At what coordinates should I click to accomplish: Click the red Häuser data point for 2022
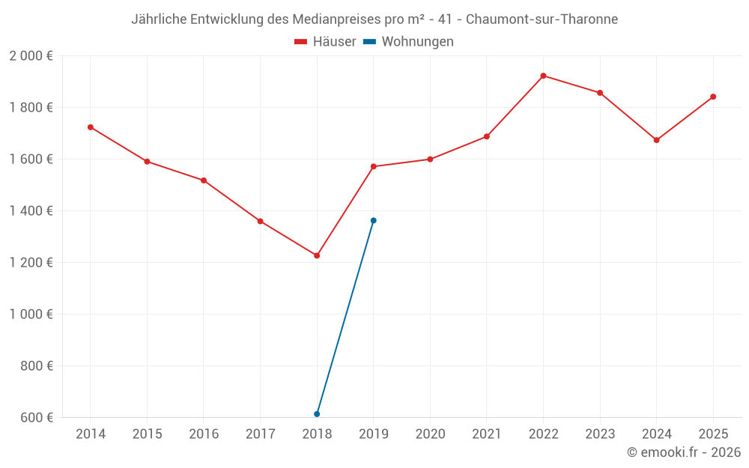[543, 76]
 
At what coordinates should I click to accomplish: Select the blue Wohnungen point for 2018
[317, 414]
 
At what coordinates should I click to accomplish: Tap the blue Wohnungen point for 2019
[374, 220]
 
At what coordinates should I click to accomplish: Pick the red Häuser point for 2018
[317, 255]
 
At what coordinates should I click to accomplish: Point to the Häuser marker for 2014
[91, 127]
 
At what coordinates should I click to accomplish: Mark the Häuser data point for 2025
[713, 97]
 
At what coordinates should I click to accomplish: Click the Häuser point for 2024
[656, 140]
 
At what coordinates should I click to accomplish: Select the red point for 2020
[430, 159]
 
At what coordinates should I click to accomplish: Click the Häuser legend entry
[325, 42]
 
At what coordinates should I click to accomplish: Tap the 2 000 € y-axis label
[31, 56]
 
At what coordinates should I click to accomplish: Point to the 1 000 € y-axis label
[31, 314]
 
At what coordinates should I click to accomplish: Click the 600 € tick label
[36, 418]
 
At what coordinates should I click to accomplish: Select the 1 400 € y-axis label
[31, 211]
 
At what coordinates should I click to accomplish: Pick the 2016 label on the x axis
[204, 434]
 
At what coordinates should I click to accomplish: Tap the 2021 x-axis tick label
[487, 434]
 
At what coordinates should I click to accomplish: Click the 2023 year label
[600, 434]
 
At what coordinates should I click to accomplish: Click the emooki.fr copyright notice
[684, 452]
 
